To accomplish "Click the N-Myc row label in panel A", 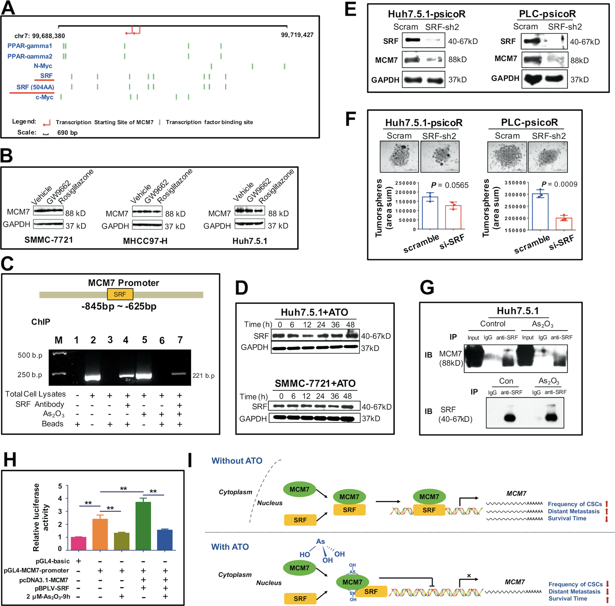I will tap(43, 66).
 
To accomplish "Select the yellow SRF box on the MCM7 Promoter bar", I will tap(120, 294).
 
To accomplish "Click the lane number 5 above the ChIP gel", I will tap(144, 340).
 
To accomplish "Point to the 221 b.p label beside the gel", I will tap(203, 376).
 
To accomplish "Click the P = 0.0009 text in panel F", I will tap(559, 184).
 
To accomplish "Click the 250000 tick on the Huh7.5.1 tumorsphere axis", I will tap(405, 183).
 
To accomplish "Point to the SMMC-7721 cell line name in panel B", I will tap(49, 240).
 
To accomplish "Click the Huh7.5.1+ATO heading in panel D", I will tap(314, 312).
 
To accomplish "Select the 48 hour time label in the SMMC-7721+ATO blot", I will tap(347, 396).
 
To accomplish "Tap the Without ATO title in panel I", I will tap(237, 461).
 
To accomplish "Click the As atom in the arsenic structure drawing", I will tap(320, 542).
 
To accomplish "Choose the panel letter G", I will tap(427, 287).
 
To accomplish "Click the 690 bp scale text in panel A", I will tap(67, 133).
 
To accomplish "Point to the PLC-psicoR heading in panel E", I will tap(547, 14).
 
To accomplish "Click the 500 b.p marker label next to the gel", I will tap(30, 355).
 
